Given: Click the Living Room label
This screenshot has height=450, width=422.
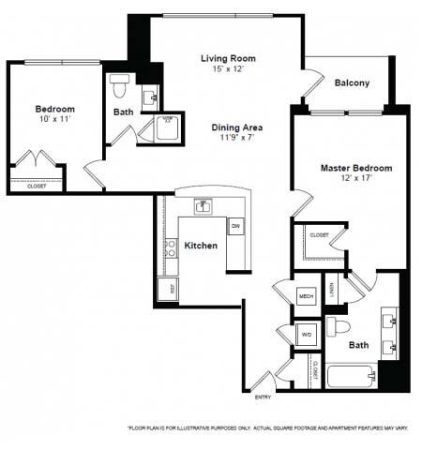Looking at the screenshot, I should [228, 58].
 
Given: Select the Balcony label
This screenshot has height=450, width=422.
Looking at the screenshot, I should [352, 82].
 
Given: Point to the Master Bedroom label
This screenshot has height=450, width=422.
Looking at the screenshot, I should [356, 168].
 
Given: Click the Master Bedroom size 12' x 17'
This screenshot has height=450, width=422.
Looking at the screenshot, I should [356, 180].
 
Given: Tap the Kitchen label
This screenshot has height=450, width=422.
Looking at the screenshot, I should [201, 246].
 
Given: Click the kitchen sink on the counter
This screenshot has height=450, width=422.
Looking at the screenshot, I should [202, 205].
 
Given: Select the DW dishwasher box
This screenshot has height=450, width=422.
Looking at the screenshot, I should [236, 227].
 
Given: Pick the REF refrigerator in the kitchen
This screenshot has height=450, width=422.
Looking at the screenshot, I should [168, 290].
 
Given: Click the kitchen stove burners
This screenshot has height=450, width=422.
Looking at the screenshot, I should [171, 248].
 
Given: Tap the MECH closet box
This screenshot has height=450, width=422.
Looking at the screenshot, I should [306, 296].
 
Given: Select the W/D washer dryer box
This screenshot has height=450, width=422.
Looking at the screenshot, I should [306, 335].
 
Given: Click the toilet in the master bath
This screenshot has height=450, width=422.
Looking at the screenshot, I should [342, 327].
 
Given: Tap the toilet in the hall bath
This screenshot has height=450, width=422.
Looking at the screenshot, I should [118, 86].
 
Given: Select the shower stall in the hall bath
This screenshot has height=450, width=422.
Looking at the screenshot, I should [168, 127].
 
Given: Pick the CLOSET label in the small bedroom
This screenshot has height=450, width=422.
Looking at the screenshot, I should [37, 186].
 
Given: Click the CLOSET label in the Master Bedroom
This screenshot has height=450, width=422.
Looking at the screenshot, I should [319, 234].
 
